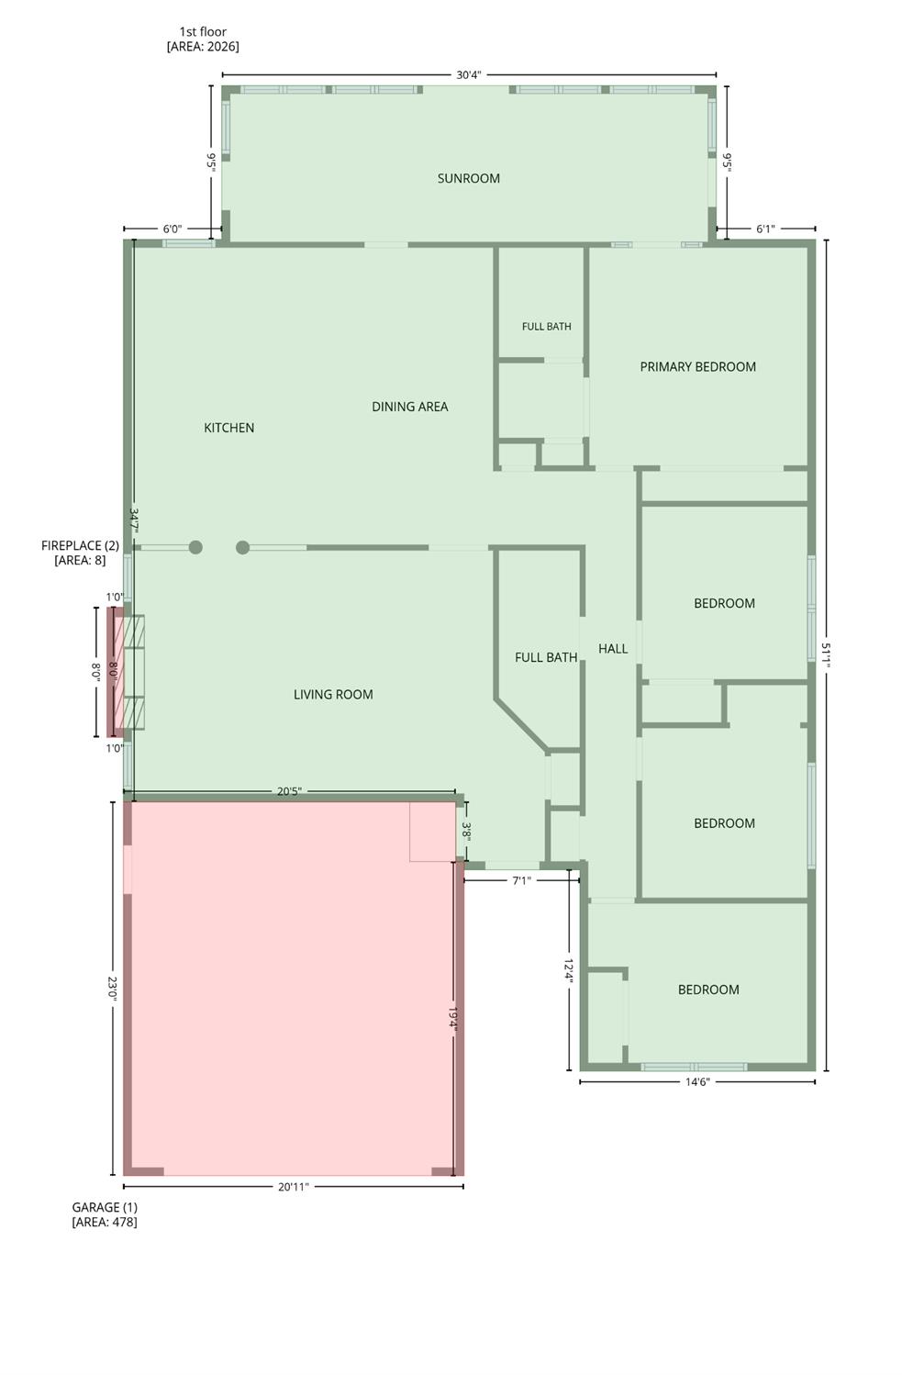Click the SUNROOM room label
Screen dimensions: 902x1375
coord(468,178)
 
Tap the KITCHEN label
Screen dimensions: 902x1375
coord(228,427)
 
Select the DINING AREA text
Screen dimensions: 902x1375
coord(410,407)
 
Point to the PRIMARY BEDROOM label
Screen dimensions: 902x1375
coord(697,366)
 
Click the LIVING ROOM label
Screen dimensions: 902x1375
coord(333,694)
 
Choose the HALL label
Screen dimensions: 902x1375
coord(612,648)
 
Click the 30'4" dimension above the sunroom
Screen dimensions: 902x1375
coord(468,75)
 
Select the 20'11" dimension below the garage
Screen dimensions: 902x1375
coord(294,1187)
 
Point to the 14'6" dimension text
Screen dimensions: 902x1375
coord(697,1081)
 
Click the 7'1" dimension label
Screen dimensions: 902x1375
coord(521,880)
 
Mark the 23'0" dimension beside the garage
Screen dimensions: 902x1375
coord(112,989)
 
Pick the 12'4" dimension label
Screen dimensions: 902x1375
coord(569,970)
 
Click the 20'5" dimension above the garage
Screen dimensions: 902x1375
coord(289,791)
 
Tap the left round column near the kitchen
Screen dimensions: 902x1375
coord(195,547)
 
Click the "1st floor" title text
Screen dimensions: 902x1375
coord(203,31)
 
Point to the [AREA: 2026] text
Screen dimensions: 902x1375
coord(203,46)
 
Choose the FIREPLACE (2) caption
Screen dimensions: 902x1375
coord(80,545)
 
